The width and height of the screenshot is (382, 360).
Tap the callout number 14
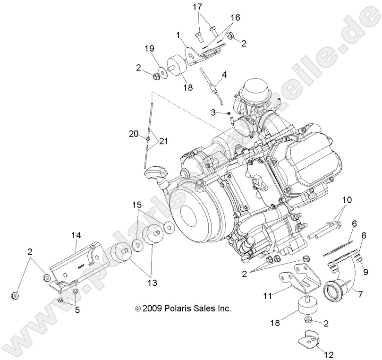(x=76, y=234)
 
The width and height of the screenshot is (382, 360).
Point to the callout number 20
(x=134, y=134)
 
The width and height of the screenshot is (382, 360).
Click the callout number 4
(x=224, y=74)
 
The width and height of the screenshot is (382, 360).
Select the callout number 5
(x=77, y=310)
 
